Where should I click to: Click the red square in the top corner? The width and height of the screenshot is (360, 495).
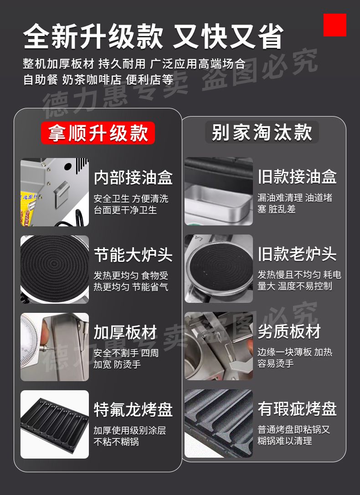click(x=335, y=25)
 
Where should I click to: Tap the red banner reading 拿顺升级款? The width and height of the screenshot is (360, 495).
click(x=98, y=133)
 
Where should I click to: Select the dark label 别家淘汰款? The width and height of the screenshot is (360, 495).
click(x=262, y=132)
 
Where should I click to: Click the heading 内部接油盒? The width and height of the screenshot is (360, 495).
click(x=133, y=178)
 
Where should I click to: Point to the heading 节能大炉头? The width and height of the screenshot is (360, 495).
click(x=133, y=255)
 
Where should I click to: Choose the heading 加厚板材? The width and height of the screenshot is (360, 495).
click(x=125, y=332)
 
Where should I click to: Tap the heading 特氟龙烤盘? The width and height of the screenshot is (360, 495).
click(x=133, y=409)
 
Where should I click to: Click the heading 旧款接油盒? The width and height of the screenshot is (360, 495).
click(x=297, y=177)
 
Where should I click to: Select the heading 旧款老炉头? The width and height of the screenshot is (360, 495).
click(x=297, y=254)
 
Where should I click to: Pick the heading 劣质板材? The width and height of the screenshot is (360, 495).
click(x=289, y=331)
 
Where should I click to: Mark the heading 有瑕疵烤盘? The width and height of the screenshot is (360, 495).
click(x=297, y=408)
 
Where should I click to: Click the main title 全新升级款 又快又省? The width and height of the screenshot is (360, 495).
click(x=154, y=36)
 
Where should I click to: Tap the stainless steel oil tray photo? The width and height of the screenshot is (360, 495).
click(x=219, y=191)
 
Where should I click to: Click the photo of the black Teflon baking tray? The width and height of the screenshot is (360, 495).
click(x=55, y=424)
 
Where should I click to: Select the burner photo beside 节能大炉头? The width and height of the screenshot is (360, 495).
click(x=55, y=269)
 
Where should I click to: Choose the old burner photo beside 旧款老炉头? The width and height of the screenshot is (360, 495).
click(x=219, y=269)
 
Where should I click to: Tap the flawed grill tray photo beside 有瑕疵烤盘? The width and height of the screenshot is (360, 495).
click(x=219, y=424)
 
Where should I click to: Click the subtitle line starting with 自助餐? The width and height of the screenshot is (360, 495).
click(x=98, y=80)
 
